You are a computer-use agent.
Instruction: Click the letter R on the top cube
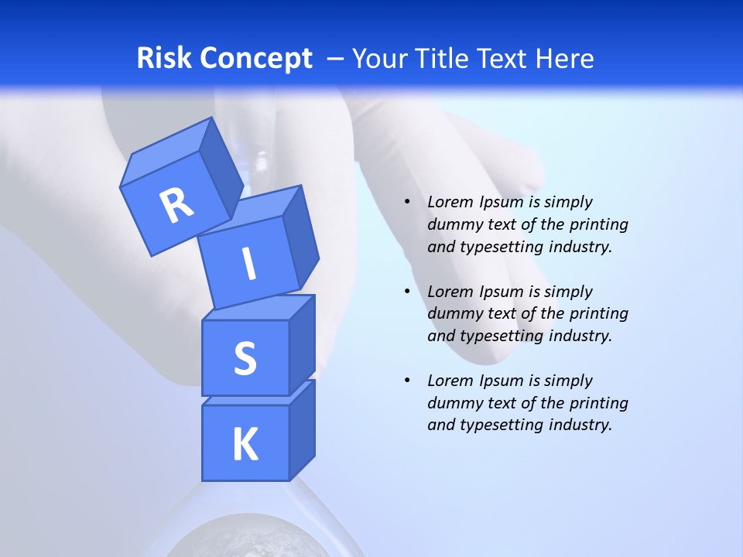[x=176, y=205]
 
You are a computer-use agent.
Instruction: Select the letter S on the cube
[x=245, y=359]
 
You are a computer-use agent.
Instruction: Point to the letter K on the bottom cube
[x=245, y=445]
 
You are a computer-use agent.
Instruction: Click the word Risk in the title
[x=164, y=58]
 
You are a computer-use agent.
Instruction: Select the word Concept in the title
[x=255, y=58]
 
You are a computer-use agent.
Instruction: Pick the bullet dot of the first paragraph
[x=407, y=202]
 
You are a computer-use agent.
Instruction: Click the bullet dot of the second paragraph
[x=407, y=292]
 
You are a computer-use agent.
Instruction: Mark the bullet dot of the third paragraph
[x=407, y=381]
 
